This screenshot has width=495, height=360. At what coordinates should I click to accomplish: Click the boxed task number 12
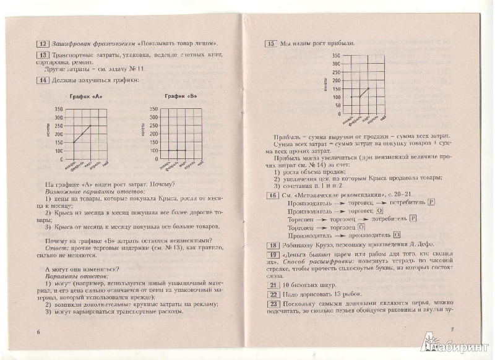point(43,44)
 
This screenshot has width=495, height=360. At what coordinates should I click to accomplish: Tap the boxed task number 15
point(270,43)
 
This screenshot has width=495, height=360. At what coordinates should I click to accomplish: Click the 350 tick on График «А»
point(59,109)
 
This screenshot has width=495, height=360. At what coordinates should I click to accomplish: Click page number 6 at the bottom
point(38,331)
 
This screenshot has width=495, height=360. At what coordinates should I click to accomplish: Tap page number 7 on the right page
point(452,328)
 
